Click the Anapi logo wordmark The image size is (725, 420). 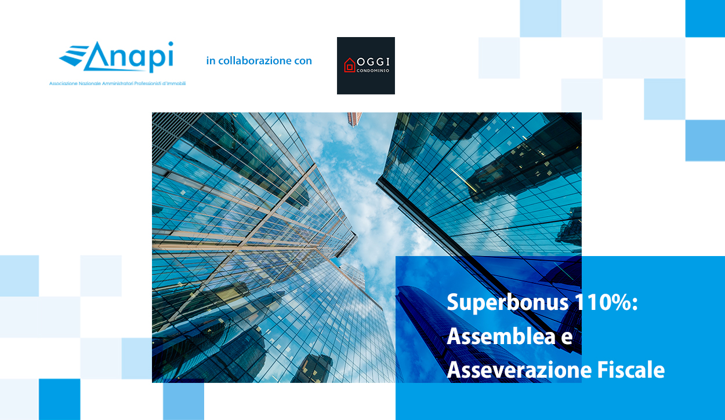click(116, 57)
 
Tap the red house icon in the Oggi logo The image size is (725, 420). click(350, 65)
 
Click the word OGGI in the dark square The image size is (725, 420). click(373, 62)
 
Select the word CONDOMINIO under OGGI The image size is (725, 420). click(373, 71)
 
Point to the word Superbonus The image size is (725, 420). click(507, 302)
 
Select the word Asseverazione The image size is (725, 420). click(519, 370)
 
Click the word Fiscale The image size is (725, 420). click(631, 370)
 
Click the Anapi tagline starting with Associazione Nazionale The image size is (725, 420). click(117, 83)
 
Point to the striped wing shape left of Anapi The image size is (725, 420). click(73, 56)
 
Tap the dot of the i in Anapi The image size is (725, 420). click(171, 43)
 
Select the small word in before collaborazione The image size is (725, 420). click(211, 60)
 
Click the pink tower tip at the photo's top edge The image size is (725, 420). click(354, 119)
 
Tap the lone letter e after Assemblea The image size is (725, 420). click(567, 338)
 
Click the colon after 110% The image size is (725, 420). click(635, 304)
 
